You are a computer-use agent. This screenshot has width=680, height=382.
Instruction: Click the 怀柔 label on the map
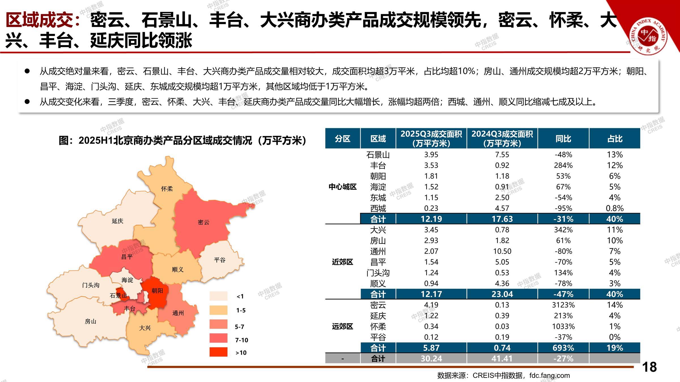tap(167, 189)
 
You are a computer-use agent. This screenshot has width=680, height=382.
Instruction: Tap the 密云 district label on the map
tap(203, 222)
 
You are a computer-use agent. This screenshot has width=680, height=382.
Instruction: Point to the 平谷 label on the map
tap(220, 260)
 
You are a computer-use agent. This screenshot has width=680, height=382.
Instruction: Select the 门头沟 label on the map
tap(91, 285)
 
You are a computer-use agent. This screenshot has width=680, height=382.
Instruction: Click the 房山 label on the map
tap(91, 321)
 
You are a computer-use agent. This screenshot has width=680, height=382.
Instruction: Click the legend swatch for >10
tap(218, 352)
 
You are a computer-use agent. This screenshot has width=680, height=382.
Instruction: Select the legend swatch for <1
tap(218, 296)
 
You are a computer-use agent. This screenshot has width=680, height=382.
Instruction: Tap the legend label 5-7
tap(239, 327)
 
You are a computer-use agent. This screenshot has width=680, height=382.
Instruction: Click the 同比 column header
tap(563, 139)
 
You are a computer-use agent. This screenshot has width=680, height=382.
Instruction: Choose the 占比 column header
tap(615, 139)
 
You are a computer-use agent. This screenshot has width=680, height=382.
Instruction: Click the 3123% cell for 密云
tap(563, 305)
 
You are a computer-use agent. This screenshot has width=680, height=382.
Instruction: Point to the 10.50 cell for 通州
tap(502, 251)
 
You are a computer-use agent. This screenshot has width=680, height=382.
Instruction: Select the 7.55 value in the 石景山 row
tap(502, 155)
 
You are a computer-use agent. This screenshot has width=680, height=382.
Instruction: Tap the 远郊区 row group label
tap(342, 327)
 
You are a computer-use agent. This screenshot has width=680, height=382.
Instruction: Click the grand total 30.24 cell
tap(431, 359)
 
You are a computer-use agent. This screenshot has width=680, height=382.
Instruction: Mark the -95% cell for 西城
tap(563, 208)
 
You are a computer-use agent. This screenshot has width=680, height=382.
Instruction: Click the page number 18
tap(649, 367)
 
